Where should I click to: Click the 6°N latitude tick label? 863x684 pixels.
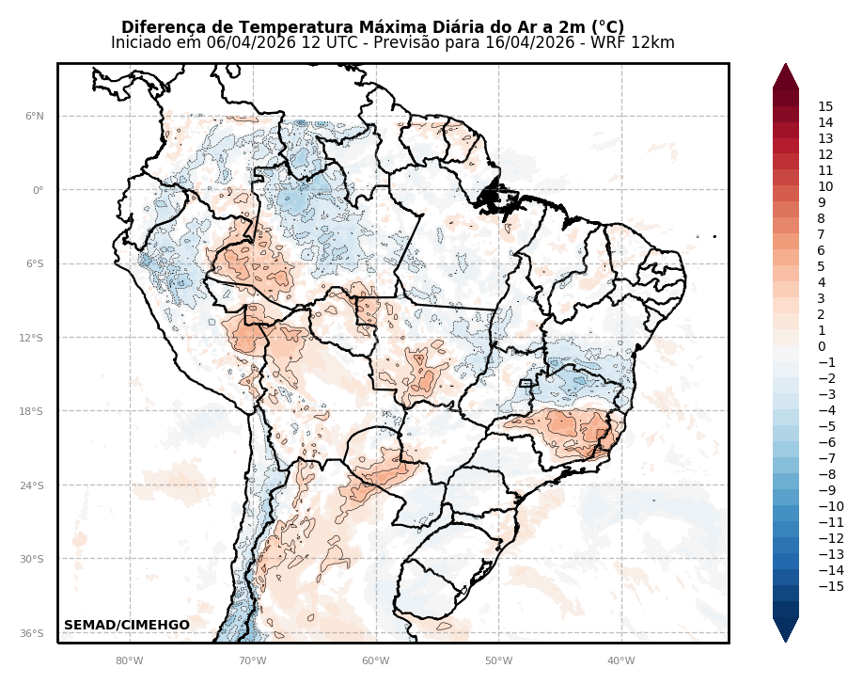click(x=34, y=117)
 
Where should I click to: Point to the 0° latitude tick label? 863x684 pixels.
click(x=38, y=190)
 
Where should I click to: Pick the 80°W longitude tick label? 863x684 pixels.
click(x=129, y=660)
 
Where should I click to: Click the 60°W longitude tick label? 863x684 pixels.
click(x=375, y=660)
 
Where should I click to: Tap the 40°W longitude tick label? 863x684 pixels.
click(x=620, y=660)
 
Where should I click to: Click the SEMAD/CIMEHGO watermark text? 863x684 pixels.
click(x=127, y=626)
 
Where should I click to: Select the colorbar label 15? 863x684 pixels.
click(x=825, y=107)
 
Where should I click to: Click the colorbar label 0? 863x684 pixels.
click(x=822, y=347)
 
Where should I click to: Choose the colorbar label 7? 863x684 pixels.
click(x=822, y=235)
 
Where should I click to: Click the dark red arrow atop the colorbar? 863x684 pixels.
click(x=786, y=76)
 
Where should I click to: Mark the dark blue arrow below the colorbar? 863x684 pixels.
click(x=786, y=629)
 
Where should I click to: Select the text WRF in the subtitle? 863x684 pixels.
click(x=620, y=43)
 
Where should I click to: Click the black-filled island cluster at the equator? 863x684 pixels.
click(x=494, y=199)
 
